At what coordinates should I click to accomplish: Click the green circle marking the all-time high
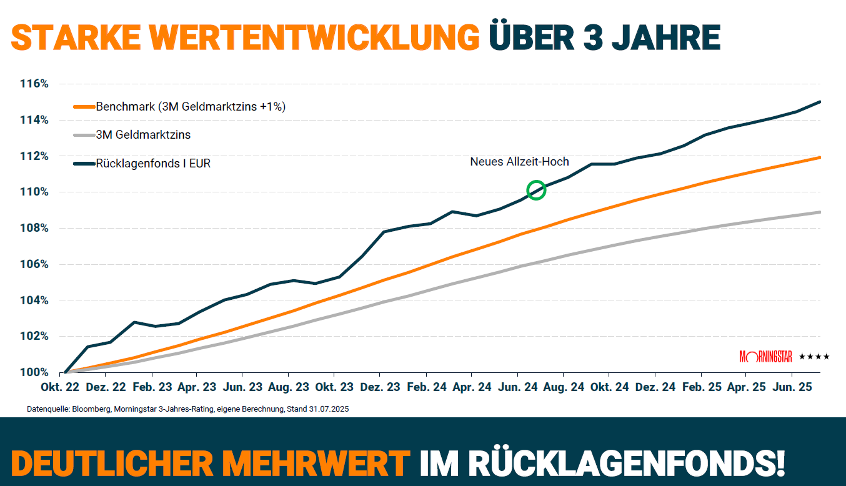click(536, 190)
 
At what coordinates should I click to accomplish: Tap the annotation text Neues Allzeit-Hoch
click(519, 162)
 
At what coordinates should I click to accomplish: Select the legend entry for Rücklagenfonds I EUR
click(154, 164)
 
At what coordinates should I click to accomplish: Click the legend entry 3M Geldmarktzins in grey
click(143, 134)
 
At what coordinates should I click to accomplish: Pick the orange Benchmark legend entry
click(190, 106)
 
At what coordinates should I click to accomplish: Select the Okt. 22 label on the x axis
click(60, 387)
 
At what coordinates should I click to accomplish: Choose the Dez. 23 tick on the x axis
click(380, 387)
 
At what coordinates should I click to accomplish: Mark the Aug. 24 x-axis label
click(564, 387)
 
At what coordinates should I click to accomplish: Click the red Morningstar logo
click(765, 357)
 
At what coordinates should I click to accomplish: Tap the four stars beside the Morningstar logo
click(814, 357)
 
